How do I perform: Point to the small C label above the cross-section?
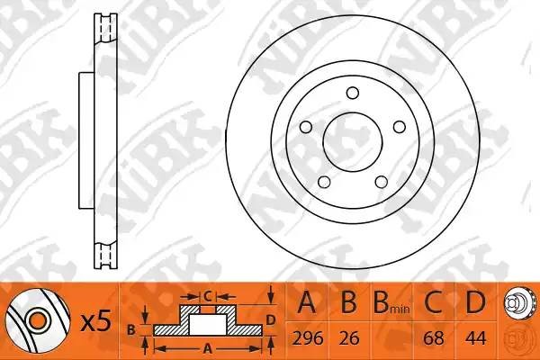coord(206,294)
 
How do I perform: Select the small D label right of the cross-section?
coord(271,318)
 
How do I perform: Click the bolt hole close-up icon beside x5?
coord(36,319)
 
